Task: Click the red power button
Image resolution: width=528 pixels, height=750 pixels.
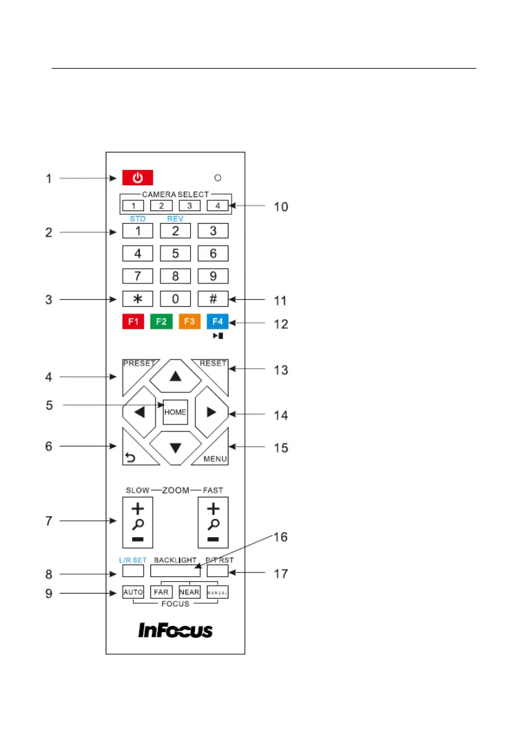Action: tap(133, 178)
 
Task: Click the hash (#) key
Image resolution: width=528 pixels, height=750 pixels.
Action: tap(213, 298)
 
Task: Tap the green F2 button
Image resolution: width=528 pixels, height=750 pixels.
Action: tap(161, 321)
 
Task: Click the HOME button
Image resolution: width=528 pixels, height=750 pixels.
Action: tap(175, 412)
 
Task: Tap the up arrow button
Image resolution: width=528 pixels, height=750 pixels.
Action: tap(175, 377)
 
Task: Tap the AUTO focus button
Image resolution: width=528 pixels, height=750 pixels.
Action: tap(133, 592)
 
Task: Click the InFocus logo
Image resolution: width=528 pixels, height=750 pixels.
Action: tap(176, 630)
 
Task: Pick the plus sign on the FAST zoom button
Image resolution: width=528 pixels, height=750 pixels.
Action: tap(213, 508)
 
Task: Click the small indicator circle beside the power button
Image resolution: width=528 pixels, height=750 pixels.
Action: tap(217, 178)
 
